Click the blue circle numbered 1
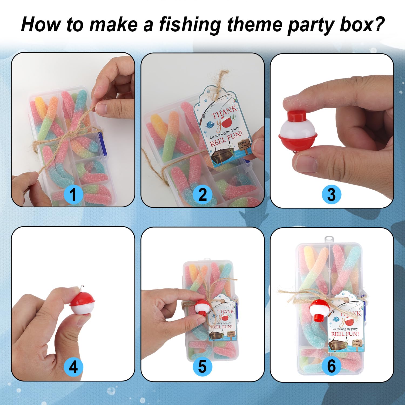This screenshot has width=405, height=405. (x=73, y=194)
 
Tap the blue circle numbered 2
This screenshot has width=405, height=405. (x=202, y=194)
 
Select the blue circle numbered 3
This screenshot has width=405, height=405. (x=332, y=194)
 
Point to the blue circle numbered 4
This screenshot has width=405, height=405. (x=73, y=367)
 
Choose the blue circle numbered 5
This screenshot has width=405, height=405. (x=202, y=367)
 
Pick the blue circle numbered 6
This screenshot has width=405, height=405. (x=332, y=366)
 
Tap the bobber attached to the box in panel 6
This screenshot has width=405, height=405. (x=320, y=310)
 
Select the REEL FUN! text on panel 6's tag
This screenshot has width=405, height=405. (x=345, y=334)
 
